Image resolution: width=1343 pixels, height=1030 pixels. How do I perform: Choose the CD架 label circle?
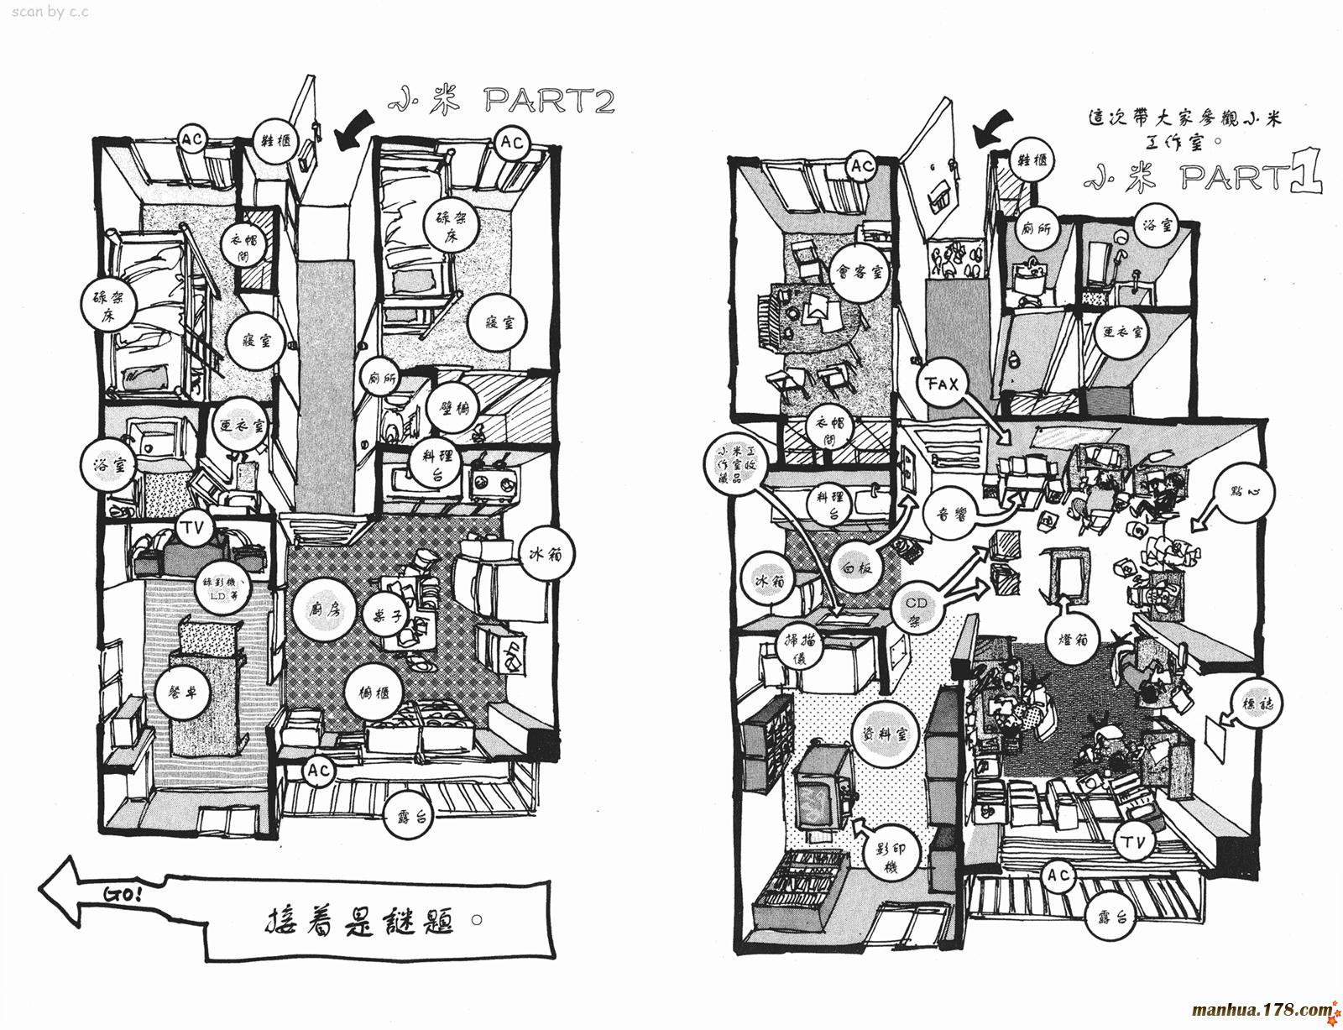point(922,610)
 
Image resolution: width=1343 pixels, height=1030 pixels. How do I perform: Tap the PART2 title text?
point(550,102)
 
